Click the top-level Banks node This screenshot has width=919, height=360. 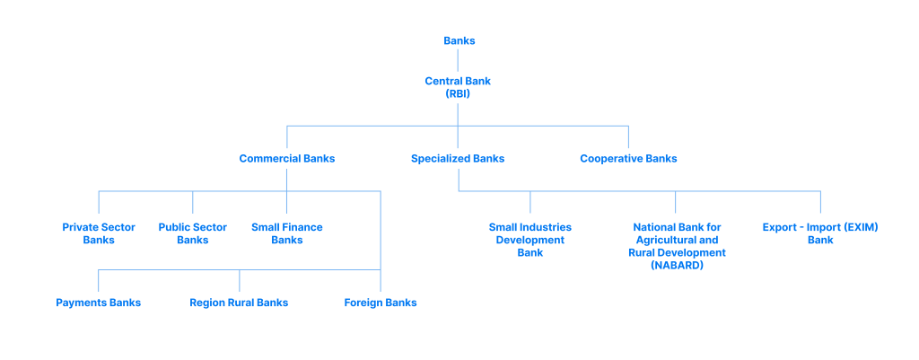point(459,40)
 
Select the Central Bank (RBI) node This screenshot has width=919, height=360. point(458,87)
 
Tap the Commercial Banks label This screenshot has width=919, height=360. point(286,159)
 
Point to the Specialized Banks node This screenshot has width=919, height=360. point(458,159)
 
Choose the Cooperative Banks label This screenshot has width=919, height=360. point(628,159)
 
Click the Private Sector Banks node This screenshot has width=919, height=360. point(99,233)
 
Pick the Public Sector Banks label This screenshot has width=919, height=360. point(192,233)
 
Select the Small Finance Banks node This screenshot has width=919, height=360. point(286,233)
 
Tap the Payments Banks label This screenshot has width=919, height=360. point(98,303)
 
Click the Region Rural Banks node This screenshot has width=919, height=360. point(239,303)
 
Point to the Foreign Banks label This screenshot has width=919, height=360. point(381,303)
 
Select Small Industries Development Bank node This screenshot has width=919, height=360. point(530,240)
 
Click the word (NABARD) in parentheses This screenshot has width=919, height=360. point(677,266)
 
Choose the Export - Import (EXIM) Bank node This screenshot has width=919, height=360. point(820,233)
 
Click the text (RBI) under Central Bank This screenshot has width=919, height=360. point(458,93)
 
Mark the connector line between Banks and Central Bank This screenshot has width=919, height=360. point(459,60)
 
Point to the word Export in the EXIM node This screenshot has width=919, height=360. point(780,227)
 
